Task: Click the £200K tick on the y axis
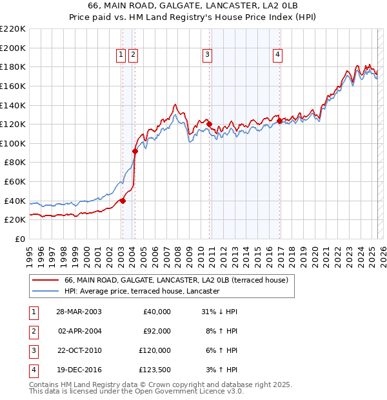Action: coord(13,48)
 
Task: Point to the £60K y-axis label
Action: coord(15,182)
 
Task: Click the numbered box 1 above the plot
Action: coord(121,55)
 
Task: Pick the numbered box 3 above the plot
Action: coord(207,55)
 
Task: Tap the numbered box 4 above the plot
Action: coord(277,55)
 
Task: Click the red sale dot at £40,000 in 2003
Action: coord(123,201)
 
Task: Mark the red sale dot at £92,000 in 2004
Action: coord(135,151)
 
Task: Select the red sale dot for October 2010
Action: coord(209,124)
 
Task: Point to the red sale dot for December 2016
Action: coord(279,121)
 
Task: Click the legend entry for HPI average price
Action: coord(143,291)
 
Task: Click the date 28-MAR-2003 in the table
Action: coord(79,312)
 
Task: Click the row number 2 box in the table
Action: coord(33,331)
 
